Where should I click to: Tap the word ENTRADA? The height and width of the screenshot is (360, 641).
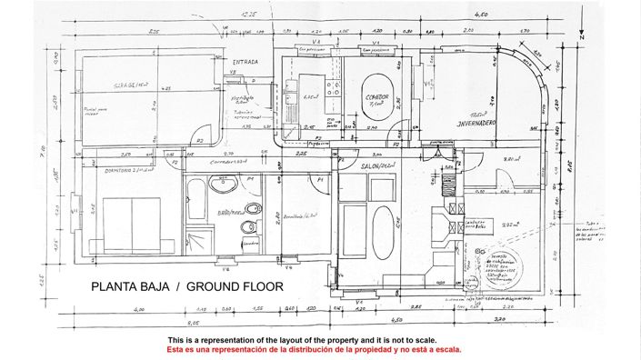(x=245, y=63)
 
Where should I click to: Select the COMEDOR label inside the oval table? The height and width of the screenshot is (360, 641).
(x=377, y=96)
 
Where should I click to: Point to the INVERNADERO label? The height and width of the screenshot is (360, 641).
(x=468, y=120)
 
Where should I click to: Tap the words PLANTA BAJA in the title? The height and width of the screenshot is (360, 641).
(x=130, y=286)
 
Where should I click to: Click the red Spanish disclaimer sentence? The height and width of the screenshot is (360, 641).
(x=314, y=349)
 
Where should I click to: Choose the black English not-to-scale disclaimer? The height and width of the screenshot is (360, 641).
(x=314, y=339)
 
